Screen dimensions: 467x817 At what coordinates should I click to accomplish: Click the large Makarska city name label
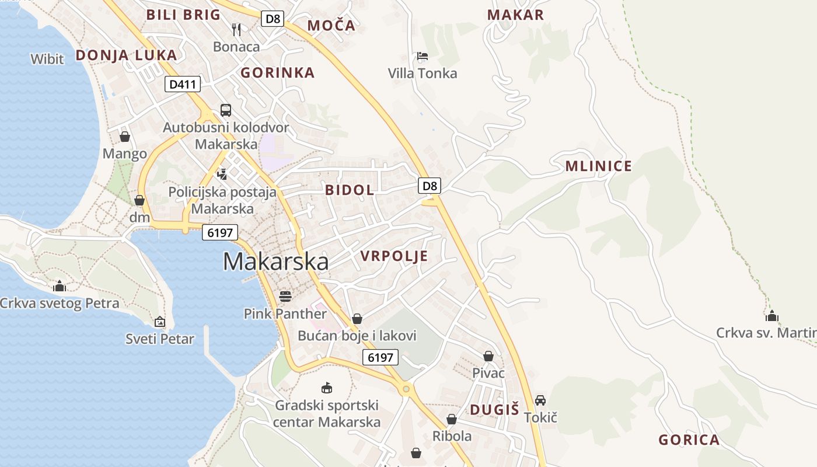tap(275, 262)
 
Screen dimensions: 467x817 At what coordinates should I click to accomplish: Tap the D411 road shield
tap(182, 85)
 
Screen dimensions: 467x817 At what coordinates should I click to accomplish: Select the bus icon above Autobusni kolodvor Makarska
tap(226, 110)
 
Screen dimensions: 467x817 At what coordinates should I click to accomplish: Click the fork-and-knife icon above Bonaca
tap(236, 29)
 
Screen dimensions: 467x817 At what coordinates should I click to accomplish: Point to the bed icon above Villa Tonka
tap(423, 56)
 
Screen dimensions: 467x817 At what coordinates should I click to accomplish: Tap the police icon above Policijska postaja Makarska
tap(222, 173)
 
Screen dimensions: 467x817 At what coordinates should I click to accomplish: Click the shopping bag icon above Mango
tap(124, 137)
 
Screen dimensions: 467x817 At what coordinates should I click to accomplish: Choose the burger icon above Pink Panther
tap(285, 296)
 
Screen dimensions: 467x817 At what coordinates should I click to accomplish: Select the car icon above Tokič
tap(540, 400)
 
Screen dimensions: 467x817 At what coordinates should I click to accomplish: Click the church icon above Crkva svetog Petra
tap(59, 286)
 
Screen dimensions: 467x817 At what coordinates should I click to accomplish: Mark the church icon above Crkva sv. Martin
tap(772, 316)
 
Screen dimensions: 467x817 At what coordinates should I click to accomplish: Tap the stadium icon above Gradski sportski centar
tap(327, 388)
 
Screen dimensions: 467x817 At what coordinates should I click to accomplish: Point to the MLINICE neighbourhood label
tap(598, 166)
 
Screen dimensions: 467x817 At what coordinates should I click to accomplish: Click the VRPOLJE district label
tap(394, 256)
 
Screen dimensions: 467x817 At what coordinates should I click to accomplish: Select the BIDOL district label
tap(350, 190)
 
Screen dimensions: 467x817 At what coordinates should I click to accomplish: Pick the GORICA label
tap(689, 440)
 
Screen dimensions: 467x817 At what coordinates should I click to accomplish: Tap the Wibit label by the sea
tap(47, 58)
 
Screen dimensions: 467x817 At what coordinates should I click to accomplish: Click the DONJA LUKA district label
tap(126, 55)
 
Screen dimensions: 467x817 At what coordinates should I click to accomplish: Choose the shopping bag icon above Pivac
tap(488, 356)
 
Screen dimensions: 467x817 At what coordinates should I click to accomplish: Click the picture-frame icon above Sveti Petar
tap(160, 322)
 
